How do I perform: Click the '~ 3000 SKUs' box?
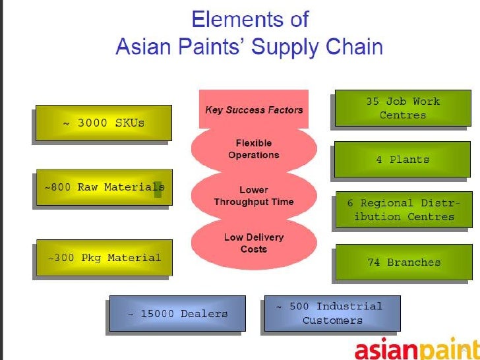point(104,123)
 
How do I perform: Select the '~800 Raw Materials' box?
point(104,187)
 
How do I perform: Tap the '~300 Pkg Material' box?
point(104,257)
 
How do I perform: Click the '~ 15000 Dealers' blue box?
point(177,313)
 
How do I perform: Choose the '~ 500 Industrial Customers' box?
point(332,313)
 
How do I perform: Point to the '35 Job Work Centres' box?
point(402,108)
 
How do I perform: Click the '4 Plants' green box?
point(402,160)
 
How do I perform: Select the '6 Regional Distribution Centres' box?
point(404,210)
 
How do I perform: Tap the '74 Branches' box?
point(404,262)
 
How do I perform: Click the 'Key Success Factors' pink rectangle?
point(254,109)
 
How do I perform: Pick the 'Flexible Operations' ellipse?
point(254,149)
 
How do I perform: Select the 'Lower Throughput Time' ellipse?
point(254,196)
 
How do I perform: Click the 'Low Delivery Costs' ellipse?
point(254,243)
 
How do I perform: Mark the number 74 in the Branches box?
point(373,262)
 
